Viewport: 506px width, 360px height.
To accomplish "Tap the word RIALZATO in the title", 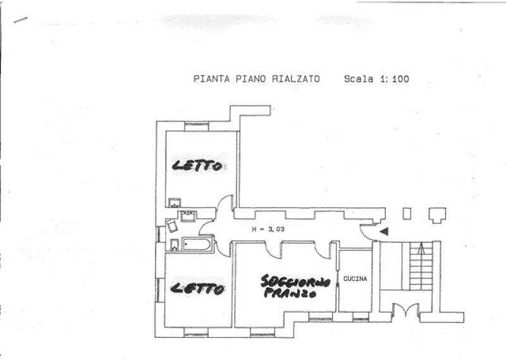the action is pos(296,79).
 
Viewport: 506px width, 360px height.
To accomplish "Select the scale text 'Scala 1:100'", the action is pos(376,79).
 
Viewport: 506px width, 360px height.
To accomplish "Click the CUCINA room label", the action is pos(355,278).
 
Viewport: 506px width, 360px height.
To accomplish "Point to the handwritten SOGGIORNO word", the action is pos(295,282).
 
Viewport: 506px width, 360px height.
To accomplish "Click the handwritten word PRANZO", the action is pos(290,293).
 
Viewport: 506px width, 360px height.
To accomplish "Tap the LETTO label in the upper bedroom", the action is pos(197,166).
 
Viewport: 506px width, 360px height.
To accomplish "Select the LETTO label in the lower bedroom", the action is pos(197,289).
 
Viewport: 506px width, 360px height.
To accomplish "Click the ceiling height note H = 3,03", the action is pos(268,230).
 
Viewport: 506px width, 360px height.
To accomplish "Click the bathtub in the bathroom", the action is pos(197,244).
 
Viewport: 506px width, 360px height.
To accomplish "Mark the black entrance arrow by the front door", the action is pos(384,232).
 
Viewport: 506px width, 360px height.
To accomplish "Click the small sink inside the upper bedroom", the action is pos(175,202).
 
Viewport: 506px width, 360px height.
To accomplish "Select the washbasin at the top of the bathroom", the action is pos(188,216).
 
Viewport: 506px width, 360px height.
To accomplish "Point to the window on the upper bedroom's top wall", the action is pos(197,127).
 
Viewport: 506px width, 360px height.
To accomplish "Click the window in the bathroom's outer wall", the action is pos(159,234).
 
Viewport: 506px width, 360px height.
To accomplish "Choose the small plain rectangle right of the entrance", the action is pos(407,214).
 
